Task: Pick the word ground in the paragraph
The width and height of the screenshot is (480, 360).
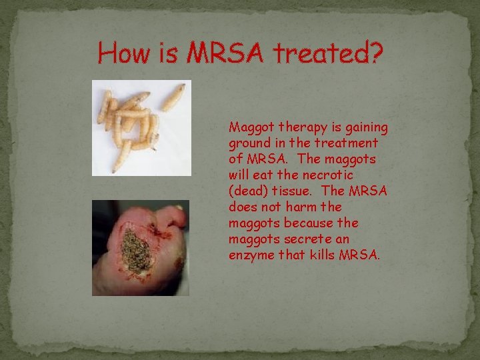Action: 249,143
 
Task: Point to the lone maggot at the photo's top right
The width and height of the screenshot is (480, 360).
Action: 173,97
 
